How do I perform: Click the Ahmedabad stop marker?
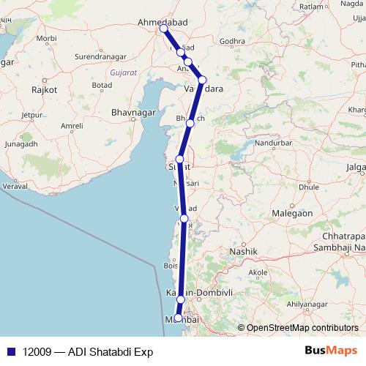163,29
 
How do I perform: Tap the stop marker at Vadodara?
203,80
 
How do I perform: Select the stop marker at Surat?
179,159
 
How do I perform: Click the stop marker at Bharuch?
190,123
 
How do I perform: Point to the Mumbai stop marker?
178,318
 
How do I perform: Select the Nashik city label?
244,251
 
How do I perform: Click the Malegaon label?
292,213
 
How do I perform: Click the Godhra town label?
231,41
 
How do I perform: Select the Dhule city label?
288,187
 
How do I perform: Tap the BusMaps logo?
331,351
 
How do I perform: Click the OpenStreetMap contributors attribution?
302,329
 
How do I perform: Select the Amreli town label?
72,126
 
